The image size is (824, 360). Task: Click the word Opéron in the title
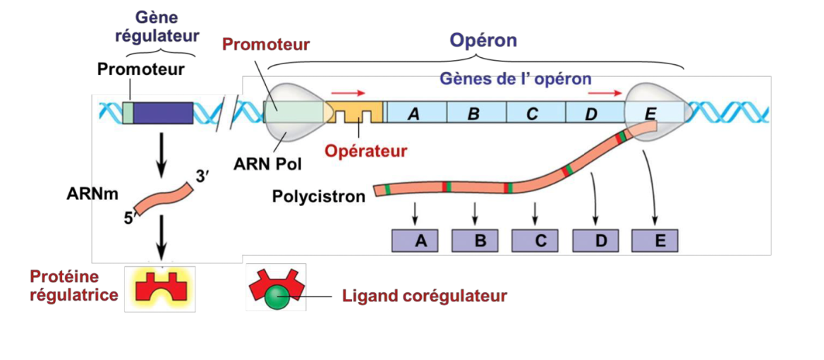[x=484, y=40]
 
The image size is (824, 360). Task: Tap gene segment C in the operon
[x=536, y=113]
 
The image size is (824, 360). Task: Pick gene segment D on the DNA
[x=595, y=113]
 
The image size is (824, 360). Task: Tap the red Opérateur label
[x=367, y=150]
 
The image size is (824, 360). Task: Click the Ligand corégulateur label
[x=425, y=296]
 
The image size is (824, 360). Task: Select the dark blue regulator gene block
[x=163, y=113]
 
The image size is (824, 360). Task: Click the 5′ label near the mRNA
[x=128, y=219]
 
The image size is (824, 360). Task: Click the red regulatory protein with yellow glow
[x=159, y=287]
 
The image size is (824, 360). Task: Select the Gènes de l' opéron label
[x=515, y=78]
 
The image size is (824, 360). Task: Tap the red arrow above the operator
[x=349, y=92]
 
